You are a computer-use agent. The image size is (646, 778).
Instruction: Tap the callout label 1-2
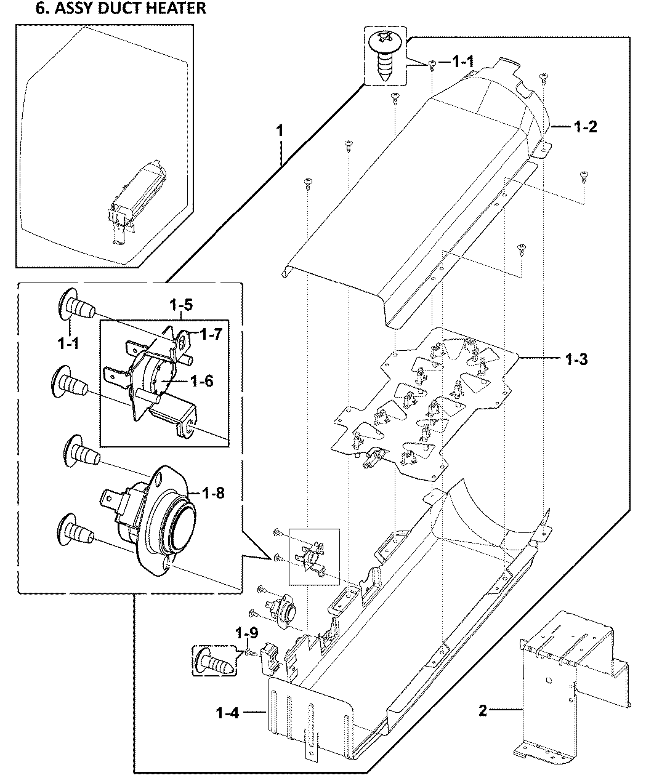(x=584, y=127)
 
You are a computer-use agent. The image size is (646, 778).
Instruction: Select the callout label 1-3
(x=576, y=359)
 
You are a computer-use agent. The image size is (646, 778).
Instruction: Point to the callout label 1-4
(x=227, y=713)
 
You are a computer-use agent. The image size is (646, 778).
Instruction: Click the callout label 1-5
(x=182, y=305)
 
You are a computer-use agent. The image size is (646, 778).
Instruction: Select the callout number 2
(x=483, y=711)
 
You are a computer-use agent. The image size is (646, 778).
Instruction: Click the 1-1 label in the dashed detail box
(x=68, y=345)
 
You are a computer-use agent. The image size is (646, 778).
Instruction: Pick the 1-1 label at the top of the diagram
(x=463, y=62)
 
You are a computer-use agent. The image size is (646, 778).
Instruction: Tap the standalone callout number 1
(x=280, y=130)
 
